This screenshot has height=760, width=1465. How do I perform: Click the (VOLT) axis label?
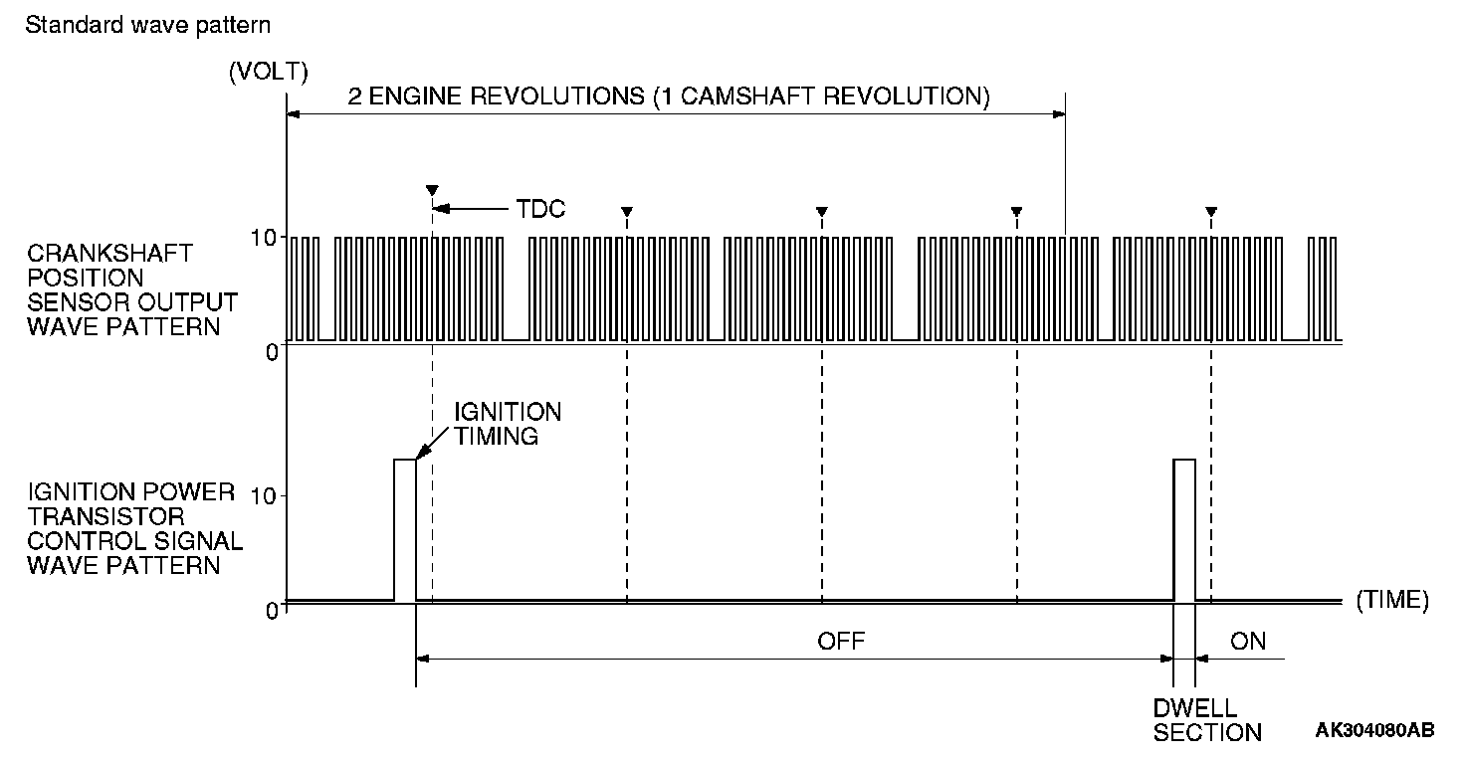tap(268, 72)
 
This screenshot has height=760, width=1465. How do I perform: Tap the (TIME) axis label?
tap(1391, 600)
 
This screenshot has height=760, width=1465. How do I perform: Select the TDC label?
tap(540, 209)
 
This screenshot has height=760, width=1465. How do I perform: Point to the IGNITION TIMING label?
tap(508, 423)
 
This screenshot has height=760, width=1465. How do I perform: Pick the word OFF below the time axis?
tap(841, 641)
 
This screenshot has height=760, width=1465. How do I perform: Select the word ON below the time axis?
tap(1248, 641)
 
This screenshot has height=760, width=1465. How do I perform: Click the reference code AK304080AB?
tap(1374, 731)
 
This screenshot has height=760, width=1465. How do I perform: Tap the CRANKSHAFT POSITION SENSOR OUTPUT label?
tap(132, 288)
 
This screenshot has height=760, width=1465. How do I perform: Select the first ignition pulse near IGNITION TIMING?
tap(405, 529)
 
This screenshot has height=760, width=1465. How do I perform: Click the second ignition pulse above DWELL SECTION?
tap(1184, 529)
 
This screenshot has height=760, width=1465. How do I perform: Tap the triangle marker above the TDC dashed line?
tap(431, 189)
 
